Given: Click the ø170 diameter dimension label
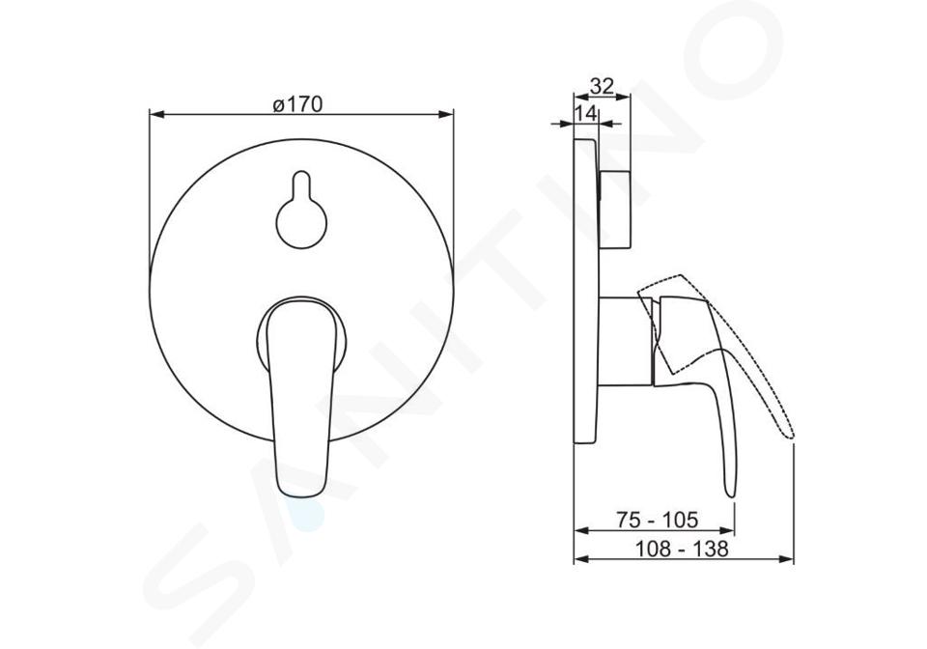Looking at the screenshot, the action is (x=298, y=104).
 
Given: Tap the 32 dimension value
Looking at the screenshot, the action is (x=602, y=86).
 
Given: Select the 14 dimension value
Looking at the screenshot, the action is (x=586, y=114).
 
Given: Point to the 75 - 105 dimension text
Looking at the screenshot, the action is (x=657, y=520).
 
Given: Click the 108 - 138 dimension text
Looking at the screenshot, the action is (x=682, y=549).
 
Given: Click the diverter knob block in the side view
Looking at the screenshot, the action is (x=615, y=210).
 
